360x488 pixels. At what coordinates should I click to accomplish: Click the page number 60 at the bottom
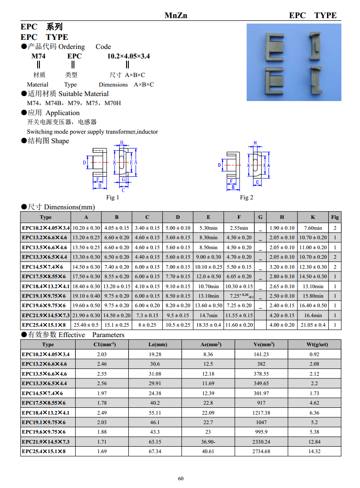180,478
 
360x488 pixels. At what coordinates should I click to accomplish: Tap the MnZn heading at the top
175,15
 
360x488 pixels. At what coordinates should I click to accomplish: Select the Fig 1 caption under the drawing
112,197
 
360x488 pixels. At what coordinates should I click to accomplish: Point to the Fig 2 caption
247,197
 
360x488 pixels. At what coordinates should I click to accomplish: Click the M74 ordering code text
38,56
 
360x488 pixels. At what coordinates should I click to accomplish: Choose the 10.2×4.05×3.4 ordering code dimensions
128,56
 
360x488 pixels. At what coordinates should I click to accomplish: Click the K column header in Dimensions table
313,217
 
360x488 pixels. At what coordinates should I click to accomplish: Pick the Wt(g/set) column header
314,344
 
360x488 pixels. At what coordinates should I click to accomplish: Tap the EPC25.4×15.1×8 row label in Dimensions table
44,325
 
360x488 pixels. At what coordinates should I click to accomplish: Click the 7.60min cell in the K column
313,228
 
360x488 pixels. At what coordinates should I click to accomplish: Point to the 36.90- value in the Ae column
208,442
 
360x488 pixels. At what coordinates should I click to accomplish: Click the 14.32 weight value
314,451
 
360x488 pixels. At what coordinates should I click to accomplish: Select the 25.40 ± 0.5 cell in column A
86,325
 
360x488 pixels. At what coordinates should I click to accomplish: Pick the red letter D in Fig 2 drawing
219,165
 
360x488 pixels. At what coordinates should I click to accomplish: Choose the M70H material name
113,103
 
